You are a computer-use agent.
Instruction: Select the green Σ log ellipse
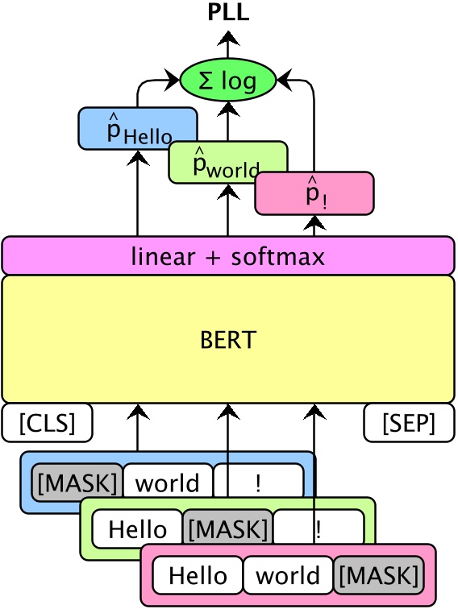228,79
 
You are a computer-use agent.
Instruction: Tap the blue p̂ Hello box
138,128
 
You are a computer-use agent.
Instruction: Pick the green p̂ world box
227,162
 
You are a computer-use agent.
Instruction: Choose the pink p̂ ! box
314,194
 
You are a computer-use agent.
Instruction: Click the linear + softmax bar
228,256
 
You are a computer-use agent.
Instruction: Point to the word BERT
228,339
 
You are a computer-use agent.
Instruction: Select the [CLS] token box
47,423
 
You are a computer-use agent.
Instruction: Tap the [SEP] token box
409,423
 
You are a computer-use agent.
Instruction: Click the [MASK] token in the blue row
77,483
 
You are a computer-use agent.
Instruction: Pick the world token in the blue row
167,483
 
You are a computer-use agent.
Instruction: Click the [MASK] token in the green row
227,529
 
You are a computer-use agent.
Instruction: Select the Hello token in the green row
137,529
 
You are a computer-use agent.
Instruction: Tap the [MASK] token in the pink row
379,576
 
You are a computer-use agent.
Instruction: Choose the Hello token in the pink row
198,576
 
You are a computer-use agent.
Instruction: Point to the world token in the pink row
288,576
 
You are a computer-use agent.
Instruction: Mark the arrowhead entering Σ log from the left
173,79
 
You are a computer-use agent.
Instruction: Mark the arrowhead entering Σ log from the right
283,79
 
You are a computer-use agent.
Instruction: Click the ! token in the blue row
258,483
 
